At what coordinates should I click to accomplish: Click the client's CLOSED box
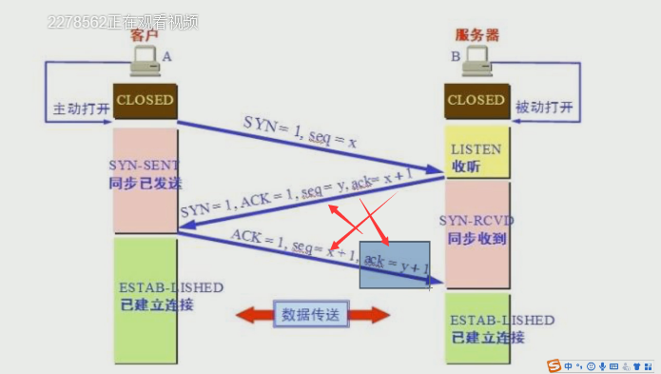(x=145, y=100)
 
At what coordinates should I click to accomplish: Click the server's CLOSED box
(x=476, y=100)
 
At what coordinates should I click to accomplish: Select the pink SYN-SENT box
(x=145, y=181)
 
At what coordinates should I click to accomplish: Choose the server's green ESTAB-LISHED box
(x=476, y=328)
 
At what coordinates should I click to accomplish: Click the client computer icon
(x=146, y=64)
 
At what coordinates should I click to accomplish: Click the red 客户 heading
(x=144, y=35)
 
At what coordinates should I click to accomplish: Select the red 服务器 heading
(x=477, y=35)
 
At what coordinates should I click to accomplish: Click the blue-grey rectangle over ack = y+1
(x=395, y=264)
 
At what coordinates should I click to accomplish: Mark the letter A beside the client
(x=167, y=57)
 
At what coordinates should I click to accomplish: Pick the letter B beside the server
(x=456, y=57)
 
